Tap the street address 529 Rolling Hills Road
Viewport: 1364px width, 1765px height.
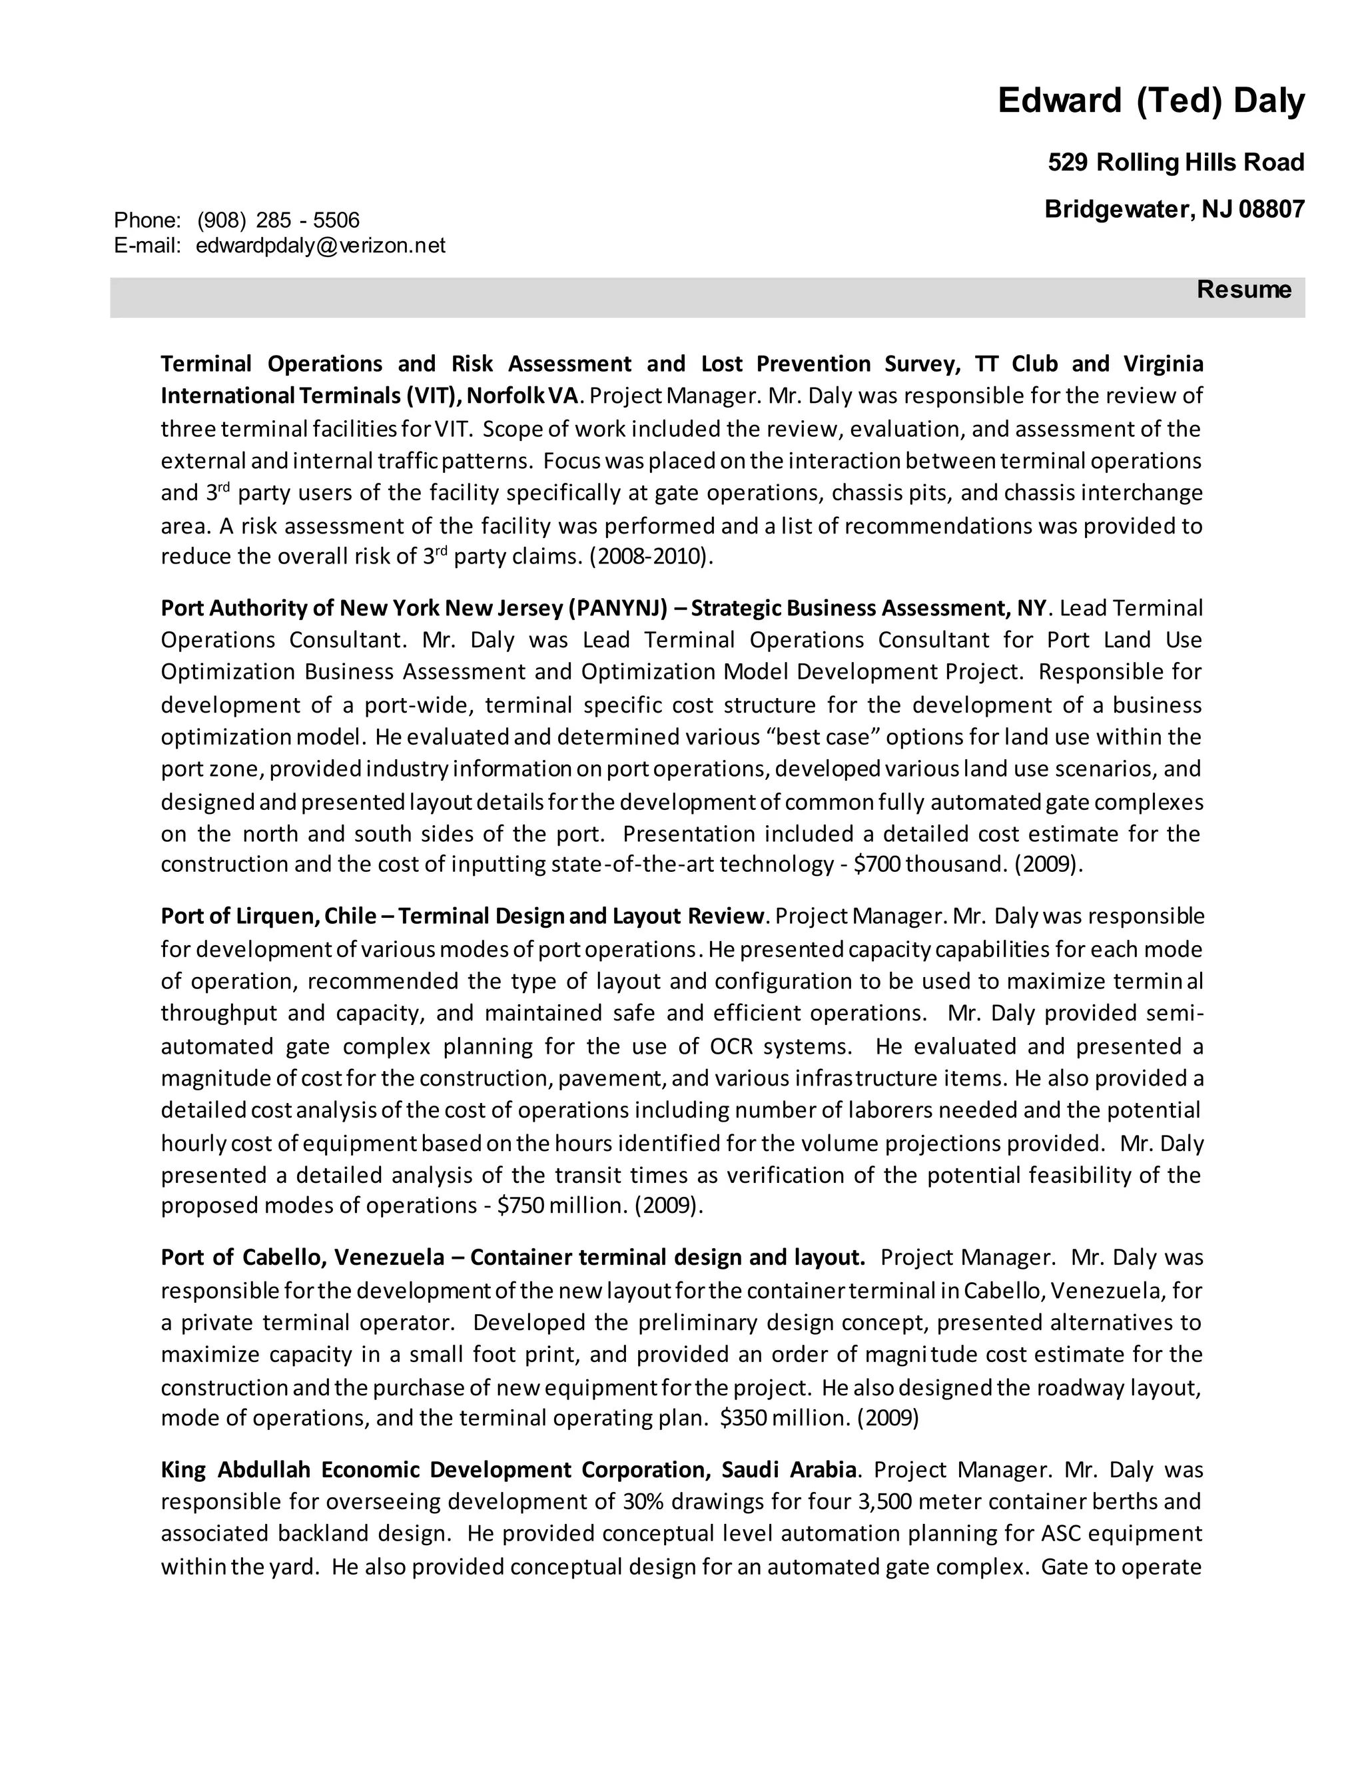point(1176,163)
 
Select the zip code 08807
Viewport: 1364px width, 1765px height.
point(1272,209)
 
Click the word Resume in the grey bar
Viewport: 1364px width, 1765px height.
point(1243,289)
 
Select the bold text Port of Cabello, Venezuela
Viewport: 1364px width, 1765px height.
point(302,1257)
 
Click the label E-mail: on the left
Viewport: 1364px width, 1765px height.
point(148,246)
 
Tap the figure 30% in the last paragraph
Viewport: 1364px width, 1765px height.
point(643,1501)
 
